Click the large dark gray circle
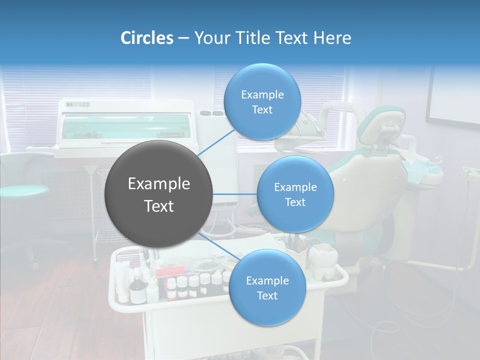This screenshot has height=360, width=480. click(159, 194)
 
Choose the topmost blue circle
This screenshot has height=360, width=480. click(262, 101)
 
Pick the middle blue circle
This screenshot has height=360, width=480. click(295, 194)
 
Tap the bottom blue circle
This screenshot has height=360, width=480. click(267, 287)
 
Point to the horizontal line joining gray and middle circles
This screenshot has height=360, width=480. click(235, 194)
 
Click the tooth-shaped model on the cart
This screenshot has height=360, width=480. click(322, 260)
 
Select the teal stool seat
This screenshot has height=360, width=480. click(22, 190)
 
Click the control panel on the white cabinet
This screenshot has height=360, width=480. click(78, 104)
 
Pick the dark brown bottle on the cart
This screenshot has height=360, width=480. click(136, 292)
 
